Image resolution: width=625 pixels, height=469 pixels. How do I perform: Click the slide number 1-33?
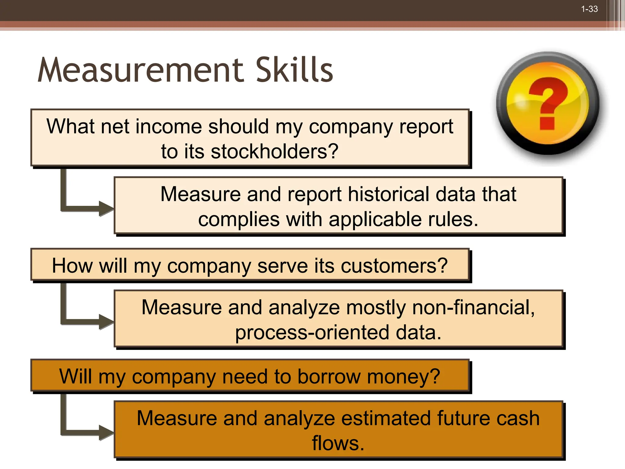589,9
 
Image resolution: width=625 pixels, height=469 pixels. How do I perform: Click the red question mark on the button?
548,103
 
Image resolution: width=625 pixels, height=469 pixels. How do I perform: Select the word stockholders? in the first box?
274,151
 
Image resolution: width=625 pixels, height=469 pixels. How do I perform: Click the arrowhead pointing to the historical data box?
106,209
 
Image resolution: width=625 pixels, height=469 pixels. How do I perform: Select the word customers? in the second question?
394,266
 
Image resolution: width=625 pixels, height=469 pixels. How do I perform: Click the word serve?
282,266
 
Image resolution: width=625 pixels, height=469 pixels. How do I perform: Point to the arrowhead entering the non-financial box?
106,322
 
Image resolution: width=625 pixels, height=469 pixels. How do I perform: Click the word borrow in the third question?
329,376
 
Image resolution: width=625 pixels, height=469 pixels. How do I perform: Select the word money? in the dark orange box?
403,376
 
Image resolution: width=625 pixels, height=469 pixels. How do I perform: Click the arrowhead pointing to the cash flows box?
106,433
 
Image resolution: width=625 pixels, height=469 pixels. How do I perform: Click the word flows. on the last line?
338,443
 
